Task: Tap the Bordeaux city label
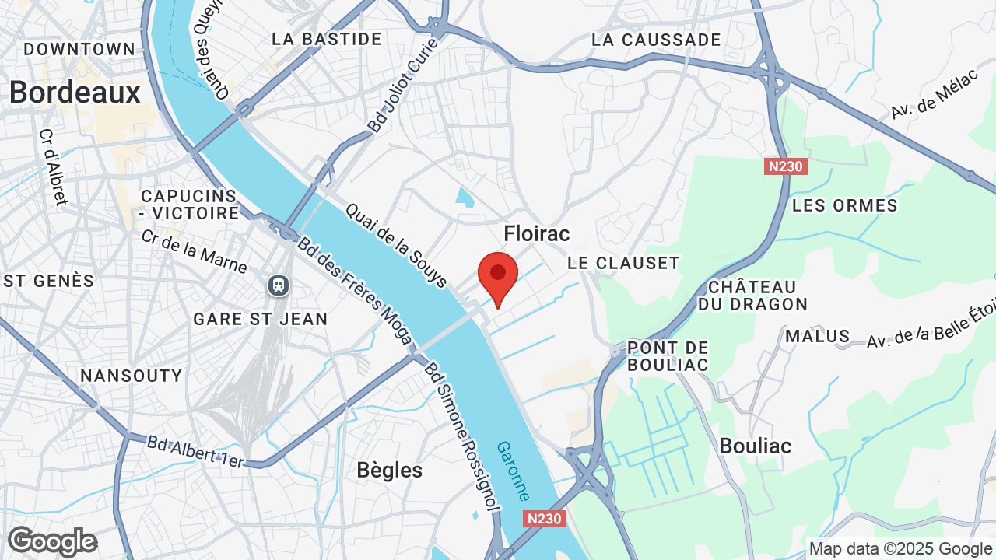tap(75, 93)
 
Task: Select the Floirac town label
tap(536, 233)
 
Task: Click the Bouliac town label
tap(755, 446)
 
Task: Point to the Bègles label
tap(389, 470)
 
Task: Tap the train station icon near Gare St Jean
tap(279, 285)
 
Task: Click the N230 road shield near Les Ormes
tap(785, 166)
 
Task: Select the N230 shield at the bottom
tap(544, 518)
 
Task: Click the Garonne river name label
tap(514, 471)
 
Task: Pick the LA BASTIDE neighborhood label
tap(327, 39)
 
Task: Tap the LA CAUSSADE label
tap(656, 40)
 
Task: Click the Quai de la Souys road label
tap(396, 245)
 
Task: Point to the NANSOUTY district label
tap(131, 376)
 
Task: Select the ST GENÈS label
tap(48, 281)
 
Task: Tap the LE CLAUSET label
tap(623, 263)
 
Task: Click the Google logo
tap(52, 541)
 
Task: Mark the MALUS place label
tap(817, 336)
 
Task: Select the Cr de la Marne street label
tap(194, 251)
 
